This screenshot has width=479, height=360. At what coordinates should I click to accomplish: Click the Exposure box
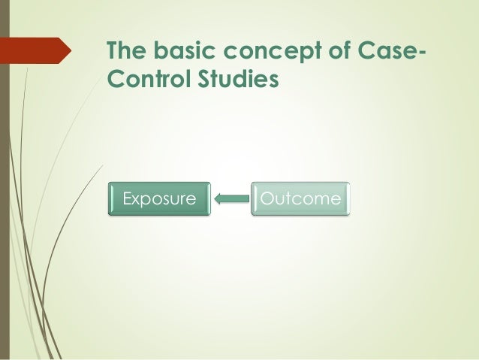point(158,199)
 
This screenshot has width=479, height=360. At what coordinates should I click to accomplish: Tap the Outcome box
point(300,199)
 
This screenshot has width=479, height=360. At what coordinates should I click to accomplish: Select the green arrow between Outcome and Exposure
point(231,199)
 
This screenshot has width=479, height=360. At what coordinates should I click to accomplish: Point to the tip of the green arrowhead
point(215,199)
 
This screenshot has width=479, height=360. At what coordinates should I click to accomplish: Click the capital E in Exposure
point(127,199)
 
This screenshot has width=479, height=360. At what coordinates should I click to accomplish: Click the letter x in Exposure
point(137,200)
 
